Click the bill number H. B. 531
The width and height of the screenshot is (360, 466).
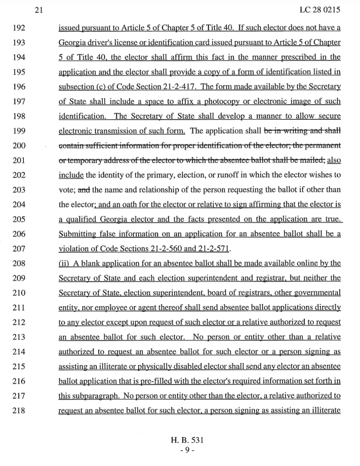click(187, 440)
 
